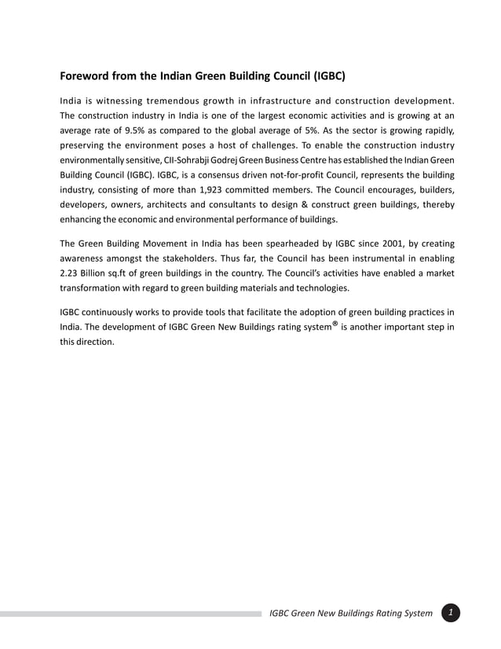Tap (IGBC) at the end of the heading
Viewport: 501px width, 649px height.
(329, 77)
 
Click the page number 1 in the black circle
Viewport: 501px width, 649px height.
(450, 612)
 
